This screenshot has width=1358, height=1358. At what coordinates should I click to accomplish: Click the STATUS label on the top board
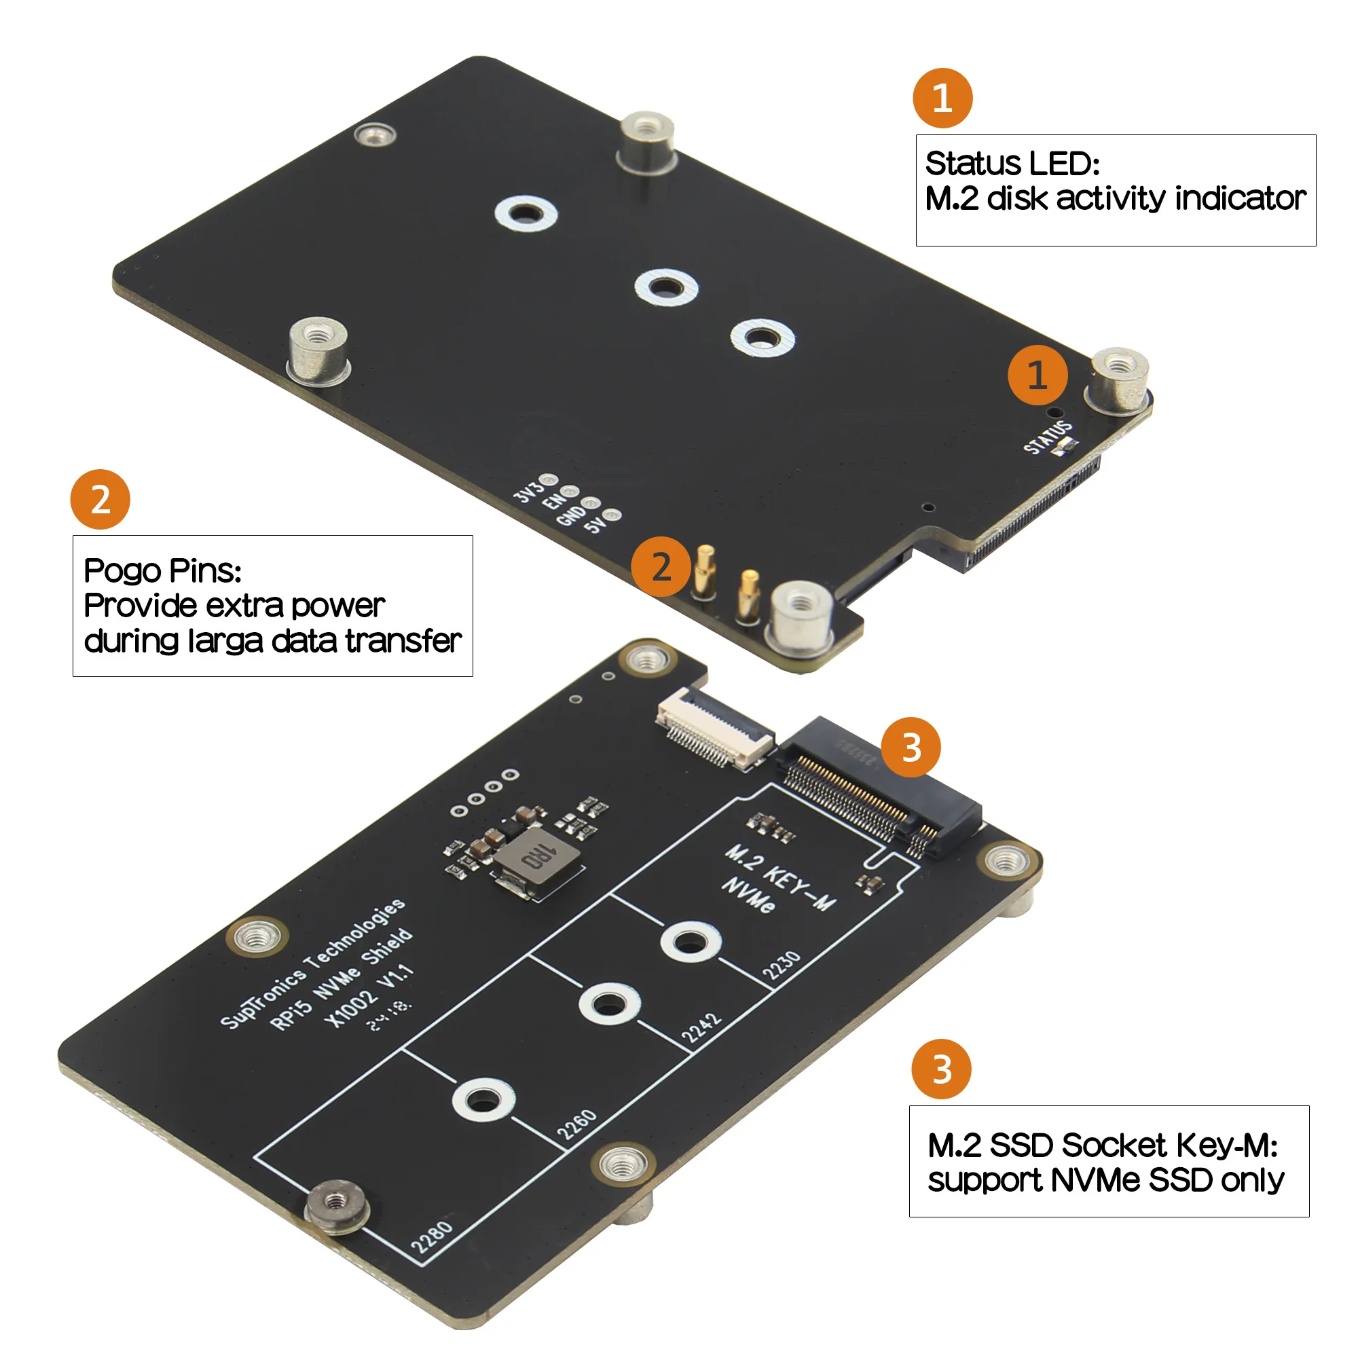pos(1046,438)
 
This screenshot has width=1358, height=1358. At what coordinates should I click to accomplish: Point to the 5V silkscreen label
pos(596,524)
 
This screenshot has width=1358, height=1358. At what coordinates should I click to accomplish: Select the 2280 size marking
pos(433,1237)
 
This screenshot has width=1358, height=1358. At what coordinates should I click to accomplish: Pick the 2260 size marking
pos(577,1124)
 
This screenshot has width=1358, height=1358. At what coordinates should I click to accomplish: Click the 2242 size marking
pos(701,1028)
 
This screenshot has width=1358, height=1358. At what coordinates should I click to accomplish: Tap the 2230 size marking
pos(782,965)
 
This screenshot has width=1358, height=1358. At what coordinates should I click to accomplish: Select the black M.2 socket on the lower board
pos(879,787)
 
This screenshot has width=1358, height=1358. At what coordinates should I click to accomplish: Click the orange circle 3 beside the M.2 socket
pos(911,747)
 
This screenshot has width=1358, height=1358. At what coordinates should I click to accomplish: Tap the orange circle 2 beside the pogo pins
pos(661,566)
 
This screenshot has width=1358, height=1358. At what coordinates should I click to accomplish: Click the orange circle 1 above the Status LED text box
pos(942,98)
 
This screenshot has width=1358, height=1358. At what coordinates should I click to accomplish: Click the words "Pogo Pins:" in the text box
pos(162,571)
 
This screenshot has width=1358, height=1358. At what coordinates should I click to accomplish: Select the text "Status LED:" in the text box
pos(1012,164)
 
